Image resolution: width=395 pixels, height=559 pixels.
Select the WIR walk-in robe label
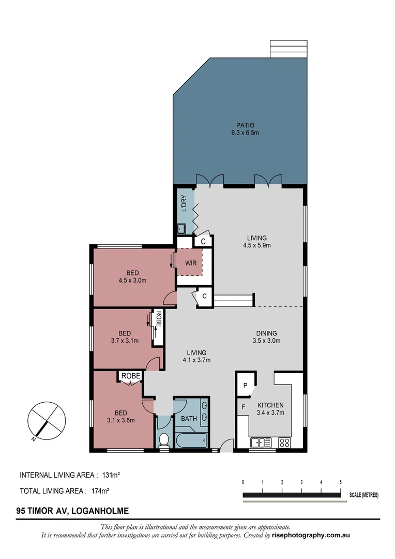coord(191,263)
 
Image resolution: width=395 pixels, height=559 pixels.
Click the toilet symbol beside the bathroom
coord(164,440)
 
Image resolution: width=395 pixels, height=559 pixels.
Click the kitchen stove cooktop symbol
coord(284,443)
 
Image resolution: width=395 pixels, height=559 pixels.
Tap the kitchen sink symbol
coord(261,443)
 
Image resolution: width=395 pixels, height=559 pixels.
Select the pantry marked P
coord(246,386)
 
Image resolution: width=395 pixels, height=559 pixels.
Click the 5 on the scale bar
coord(340,482)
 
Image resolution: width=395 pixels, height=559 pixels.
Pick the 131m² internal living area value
coord(110,474)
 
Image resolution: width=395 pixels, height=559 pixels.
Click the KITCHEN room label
coord(270,405)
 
